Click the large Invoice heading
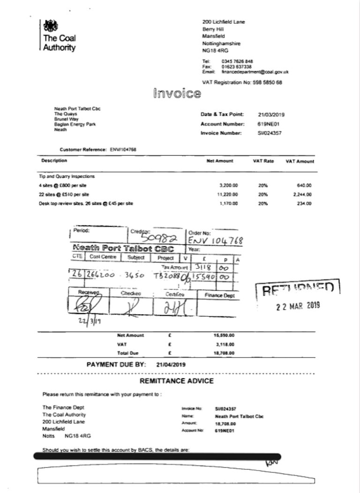[177, 93]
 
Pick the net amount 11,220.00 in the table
[228, 194]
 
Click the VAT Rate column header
[263, 161]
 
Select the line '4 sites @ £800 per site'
[63, 185]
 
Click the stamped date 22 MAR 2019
[297, 306]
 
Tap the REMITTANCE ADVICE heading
[177, 381]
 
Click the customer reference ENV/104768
[123, 149]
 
